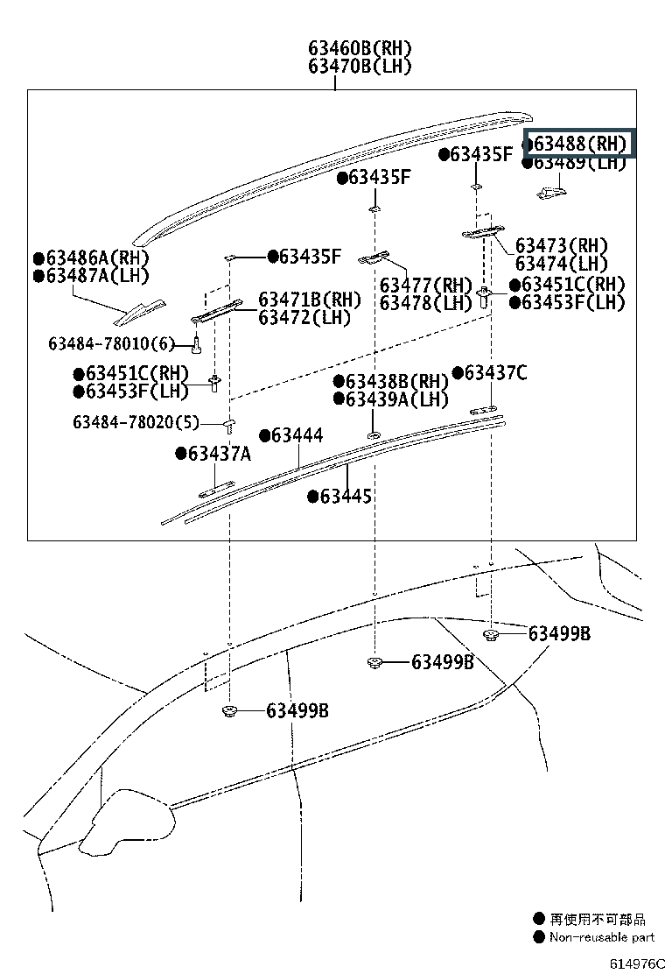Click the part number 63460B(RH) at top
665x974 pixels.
pyautogui.click(x=360, y=48)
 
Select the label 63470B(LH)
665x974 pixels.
pyautogui.click(x=360, y=66)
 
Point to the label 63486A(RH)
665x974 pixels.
pyautogui.click(x=92, y=258)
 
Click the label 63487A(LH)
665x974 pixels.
pyautogui.click(x=92, y=275)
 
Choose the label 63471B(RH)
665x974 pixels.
pyautogui.click(x=310, y=300)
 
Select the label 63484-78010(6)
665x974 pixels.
pyautogui.click(x=112, y=343)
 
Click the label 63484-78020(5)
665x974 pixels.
pyautogui.click(x=136, y=422)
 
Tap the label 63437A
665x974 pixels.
pyautogui.click(x=213, y=454)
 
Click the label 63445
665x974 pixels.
pyautogui.click(x=340, y=497)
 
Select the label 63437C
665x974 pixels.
pyautogui.click(x=490, y=373)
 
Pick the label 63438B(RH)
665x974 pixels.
pyautogui.click(x=391, y=381)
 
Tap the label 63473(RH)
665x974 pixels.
pyautogui.click(x=562, y=245)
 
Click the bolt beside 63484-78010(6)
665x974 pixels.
pyautogui.click(x=197, y=343)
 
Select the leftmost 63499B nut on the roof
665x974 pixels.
pyautogui.click(x=230, y=711)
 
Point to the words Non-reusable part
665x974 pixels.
pyautogui.click(x=602, y=936)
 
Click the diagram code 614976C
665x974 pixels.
pyautogui.click(x=637, y=963)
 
